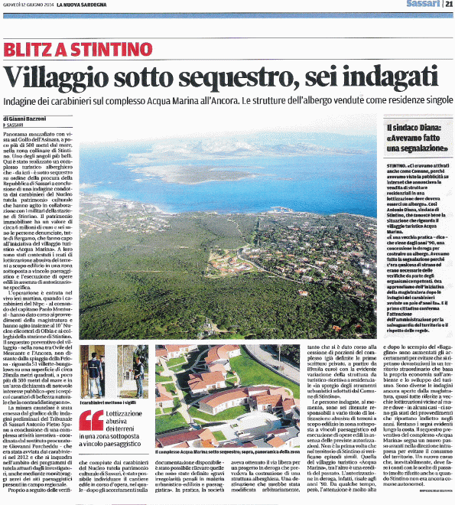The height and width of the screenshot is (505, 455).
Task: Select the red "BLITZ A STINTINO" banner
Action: tap(67, 49)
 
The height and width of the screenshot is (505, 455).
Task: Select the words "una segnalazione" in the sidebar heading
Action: tap(413, 151)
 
